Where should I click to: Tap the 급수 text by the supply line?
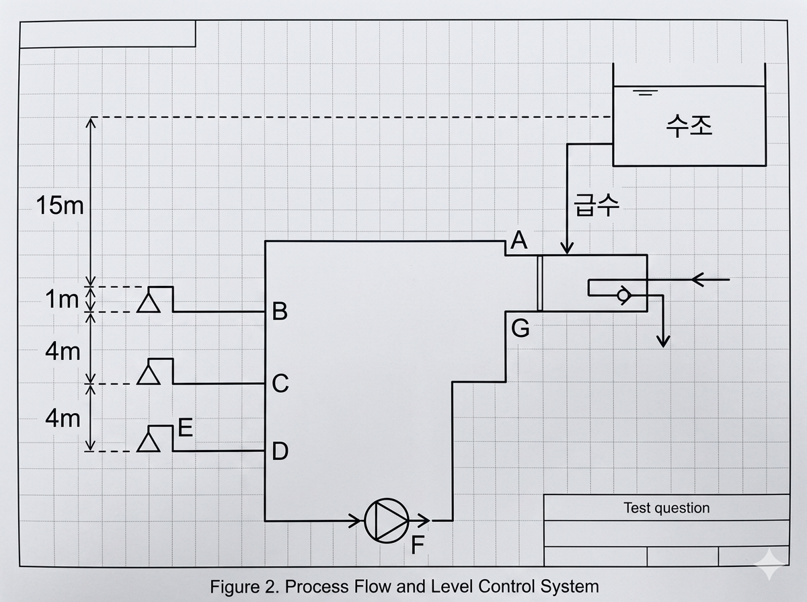coord(596,205)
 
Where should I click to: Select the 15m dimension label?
coord(61,205)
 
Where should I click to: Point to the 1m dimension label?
coord(63,299)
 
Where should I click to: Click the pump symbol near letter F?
coord(386,520)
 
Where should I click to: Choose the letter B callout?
coord(280,312)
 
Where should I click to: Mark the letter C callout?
coord(280,384)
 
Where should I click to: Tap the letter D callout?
coord(280,451)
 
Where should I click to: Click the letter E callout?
coord(186,428)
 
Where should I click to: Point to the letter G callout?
coord(520,329)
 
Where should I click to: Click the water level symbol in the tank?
coord(646,92)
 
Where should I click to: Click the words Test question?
coord(666,508)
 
